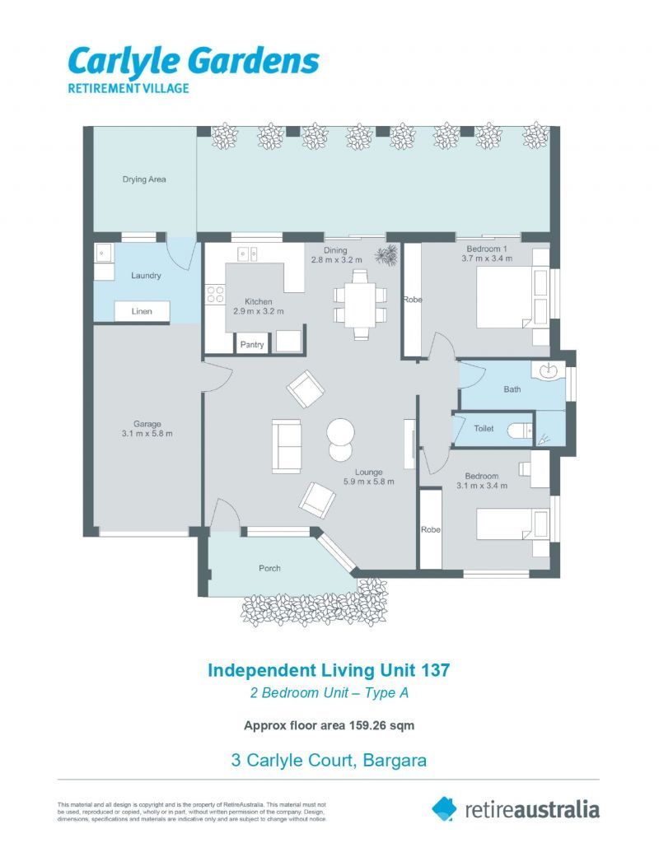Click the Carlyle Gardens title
click(x=193, y=61)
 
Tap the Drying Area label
click(x=144, y=179)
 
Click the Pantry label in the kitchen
click(x=252, y=344)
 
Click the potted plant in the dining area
click(x=385, y=255)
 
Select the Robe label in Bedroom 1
click(x=412, y=300)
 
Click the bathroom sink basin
click(x=549, y=374)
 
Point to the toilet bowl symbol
click(x=516, y=430)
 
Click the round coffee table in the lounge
click(x=340, y=432)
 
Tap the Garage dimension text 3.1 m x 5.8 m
click(x=147, y=434)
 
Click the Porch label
click(x=269, y=568)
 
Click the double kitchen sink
click(x=248, y=254)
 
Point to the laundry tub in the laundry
click(x=104, y=251)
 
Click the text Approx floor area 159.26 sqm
click(x=329, y=725)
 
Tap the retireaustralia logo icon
click(x=444, y=808)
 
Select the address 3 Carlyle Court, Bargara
click(x=329, y=760)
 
